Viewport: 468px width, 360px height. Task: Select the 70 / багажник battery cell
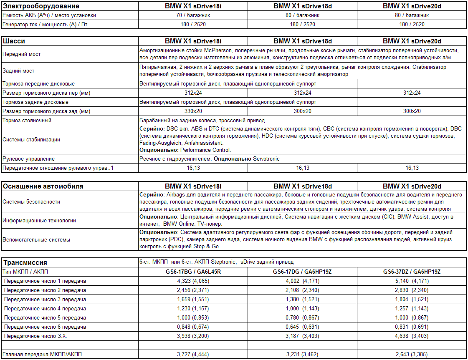[x=193, y=15]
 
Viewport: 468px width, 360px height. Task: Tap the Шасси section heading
[x=14, y=41]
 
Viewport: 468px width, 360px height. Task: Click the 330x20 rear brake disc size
[x=193, y=111]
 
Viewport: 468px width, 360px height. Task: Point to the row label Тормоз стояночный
[x=27, y=121]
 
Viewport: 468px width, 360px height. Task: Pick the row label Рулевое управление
[x=28, y=159]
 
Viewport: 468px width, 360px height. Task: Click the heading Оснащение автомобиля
[x=43, y=186]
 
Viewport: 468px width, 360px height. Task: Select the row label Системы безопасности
[x=31, y=201]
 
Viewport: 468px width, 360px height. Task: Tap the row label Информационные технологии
[x=39, y=221]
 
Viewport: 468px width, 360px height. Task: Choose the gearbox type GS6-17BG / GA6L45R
[x=193, y=272]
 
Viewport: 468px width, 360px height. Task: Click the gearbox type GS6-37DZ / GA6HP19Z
[x=412, y=272]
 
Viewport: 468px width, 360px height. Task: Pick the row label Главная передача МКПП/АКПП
[x=42, y=355]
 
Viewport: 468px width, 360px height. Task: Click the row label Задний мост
[x=18, y=71]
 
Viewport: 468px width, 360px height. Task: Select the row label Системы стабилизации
[x=31, y=140]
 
